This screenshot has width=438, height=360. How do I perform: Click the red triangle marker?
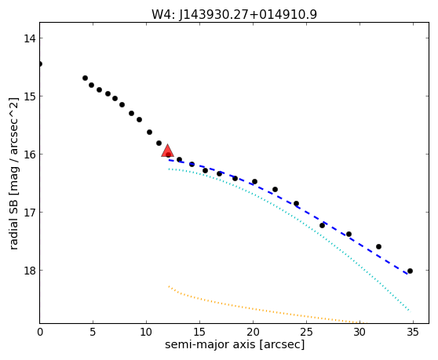tap(167, 151)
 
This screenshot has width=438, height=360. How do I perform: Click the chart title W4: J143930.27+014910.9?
tap(234, 14)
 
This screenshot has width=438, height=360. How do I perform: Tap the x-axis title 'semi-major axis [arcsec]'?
tap(235, 344)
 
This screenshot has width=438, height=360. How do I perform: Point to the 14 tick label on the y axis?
tap(29, 38)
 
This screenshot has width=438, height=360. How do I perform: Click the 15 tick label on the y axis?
tap(29, 96)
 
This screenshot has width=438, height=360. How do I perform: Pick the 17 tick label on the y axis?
tap(29, 213)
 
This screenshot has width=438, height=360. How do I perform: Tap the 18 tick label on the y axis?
tap(29, 271)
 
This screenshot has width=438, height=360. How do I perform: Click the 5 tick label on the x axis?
tap(93, 332)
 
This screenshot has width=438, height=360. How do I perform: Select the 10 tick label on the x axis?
tap(146, 332)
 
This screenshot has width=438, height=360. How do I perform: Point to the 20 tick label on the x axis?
tap(253, 332)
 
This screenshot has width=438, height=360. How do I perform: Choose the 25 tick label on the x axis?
tap(306, 332)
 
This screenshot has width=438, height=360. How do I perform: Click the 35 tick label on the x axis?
tap(413, 332)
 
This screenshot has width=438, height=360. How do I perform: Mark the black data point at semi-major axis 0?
tap(40, 64)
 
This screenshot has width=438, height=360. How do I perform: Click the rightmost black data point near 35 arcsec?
tap(410, 271)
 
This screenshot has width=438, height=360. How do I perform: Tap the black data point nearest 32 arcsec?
tap(378, 247)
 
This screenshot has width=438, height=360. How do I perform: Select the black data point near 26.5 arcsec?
tap(322, 225)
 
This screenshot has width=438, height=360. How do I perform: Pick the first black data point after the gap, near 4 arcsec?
tap(86, 78)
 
